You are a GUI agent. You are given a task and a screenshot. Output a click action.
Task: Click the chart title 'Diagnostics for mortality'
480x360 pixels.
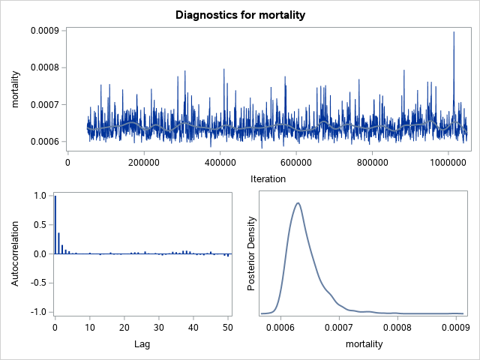(240, 14)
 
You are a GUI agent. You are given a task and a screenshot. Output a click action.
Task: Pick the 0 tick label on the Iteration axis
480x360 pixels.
(68, 161)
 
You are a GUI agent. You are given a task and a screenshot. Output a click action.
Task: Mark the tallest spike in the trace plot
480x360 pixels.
(454, 33)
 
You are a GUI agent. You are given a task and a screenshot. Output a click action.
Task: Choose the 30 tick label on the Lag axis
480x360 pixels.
(159, 328)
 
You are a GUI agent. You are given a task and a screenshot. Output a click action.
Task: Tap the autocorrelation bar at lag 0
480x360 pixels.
(55, 224)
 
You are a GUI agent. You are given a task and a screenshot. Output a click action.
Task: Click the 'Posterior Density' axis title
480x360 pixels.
(252, 253)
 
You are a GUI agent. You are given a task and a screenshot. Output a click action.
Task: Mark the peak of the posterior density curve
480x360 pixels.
(298, 202)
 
